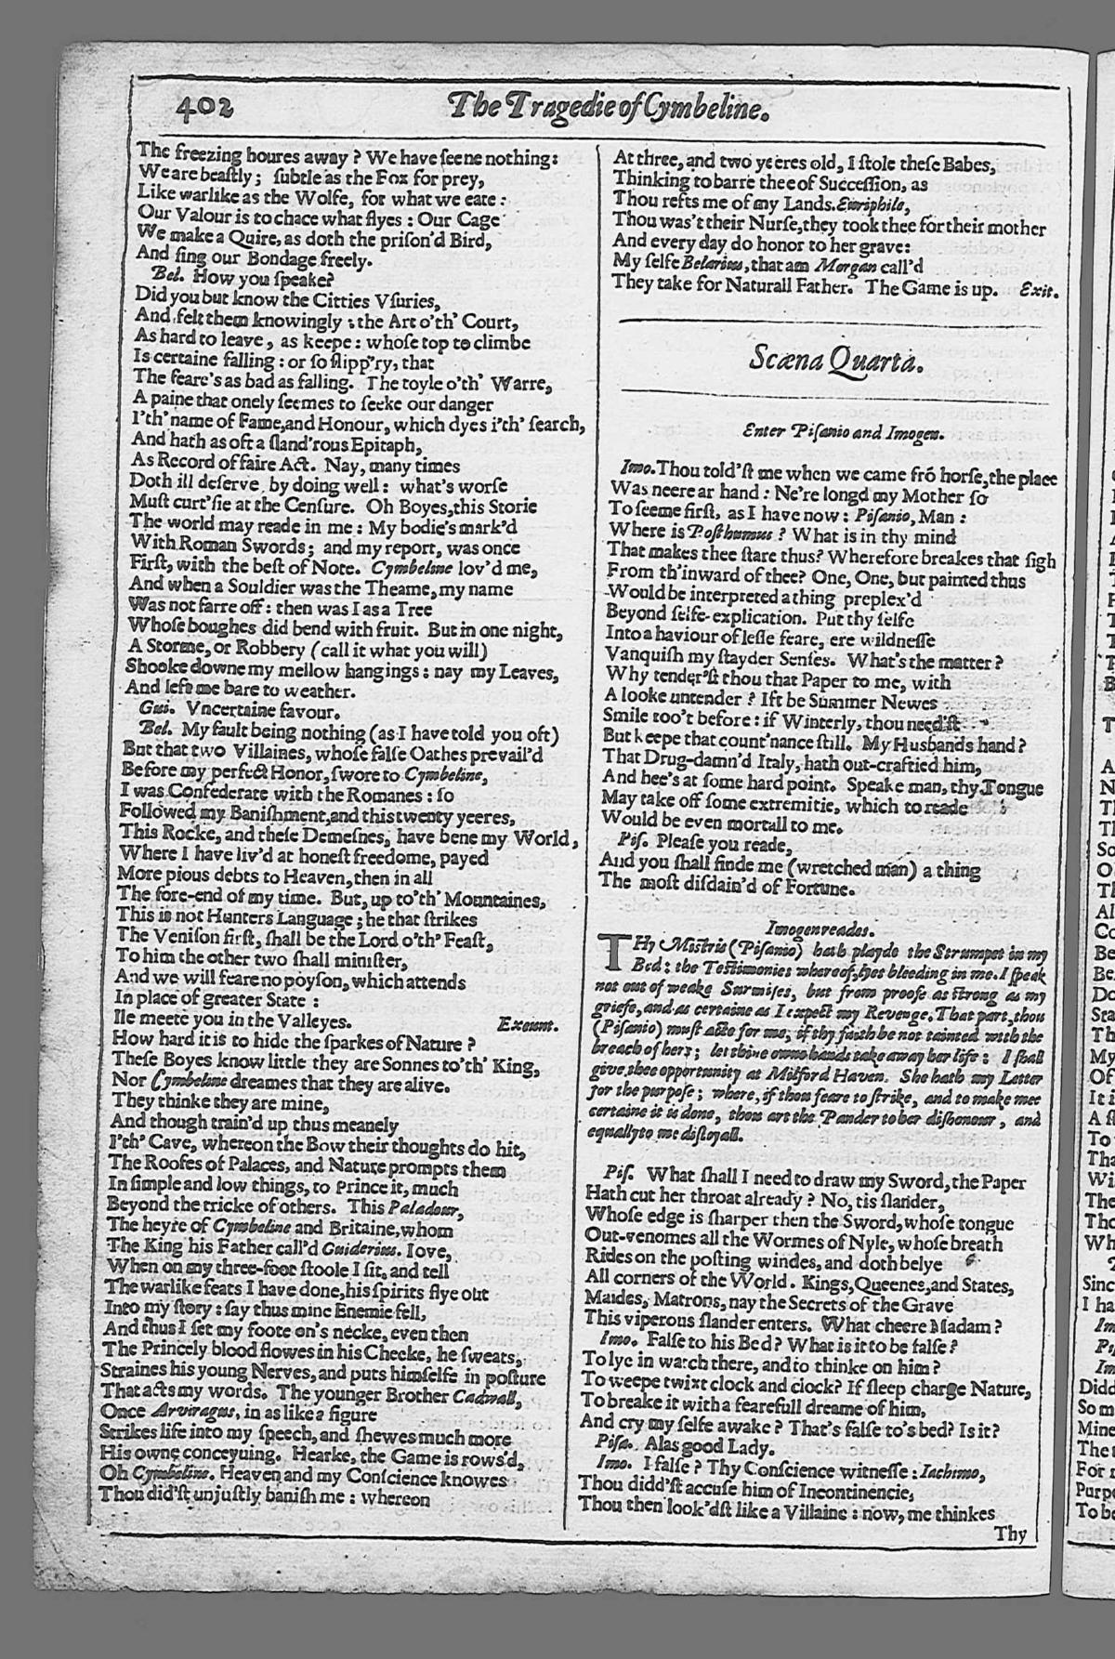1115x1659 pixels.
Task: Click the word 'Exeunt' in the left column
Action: (x=526, y=1024)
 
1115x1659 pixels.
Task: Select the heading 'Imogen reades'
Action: (x=819, y=928)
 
